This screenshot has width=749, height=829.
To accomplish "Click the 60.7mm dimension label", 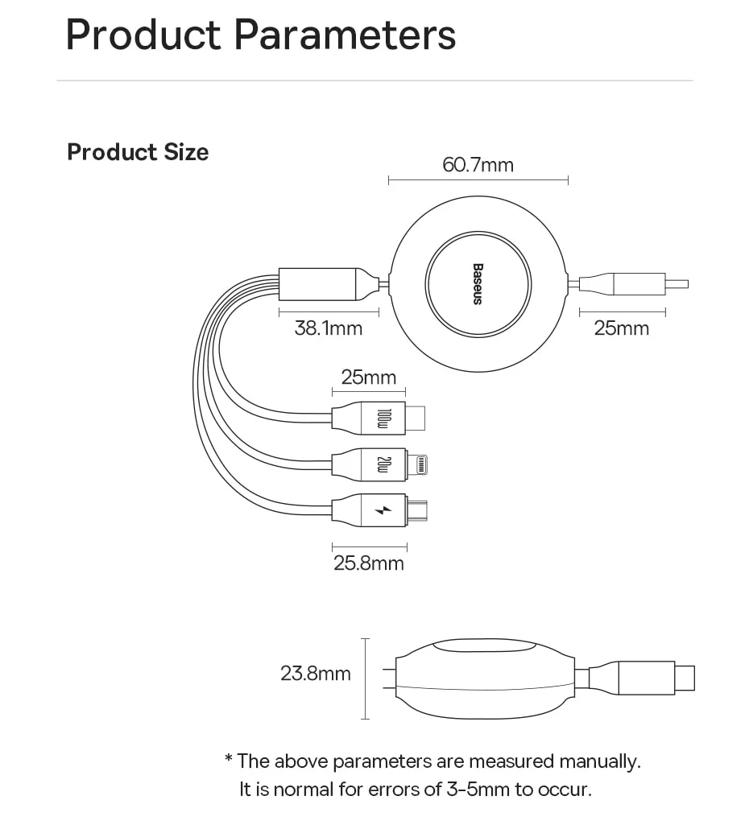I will coord(478,165).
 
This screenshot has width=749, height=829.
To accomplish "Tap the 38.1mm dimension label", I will coord(328,328).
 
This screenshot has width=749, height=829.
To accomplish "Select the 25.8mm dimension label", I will coord(369,563).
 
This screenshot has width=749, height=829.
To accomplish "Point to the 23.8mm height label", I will coord(316,673).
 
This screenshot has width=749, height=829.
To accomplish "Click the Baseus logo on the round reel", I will coord(477,284).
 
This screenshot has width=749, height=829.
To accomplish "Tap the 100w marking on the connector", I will coord(384,418).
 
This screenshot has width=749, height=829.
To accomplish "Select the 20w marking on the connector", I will coord(384,464).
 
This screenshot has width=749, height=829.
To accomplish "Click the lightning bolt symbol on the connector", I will coord(384,510).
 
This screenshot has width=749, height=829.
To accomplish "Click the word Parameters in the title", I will coord(345,36).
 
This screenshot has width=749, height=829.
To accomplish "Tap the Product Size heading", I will coord(138,152).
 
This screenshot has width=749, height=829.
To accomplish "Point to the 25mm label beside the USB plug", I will coord(622,328).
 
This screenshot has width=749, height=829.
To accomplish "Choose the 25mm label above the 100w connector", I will coord(369,377).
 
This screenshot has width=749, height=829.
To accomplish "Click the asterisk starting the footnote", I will coord(229,759).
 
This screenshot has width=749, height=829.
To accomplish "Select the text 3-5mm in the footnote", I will coord(480,789).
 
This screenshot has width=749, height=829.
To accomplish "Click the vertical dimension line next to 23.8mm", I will coord(366,678).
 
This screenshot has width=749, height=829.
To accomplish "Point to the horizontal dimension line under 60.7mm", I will coord(478,180).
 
